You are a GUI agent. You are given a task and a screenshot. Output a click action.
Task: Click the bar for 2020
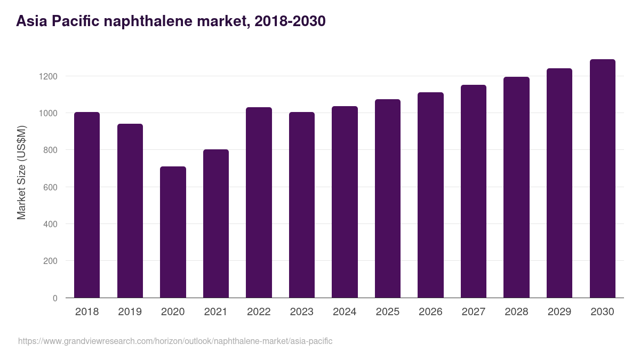pyautogui.click(x=173, y=232)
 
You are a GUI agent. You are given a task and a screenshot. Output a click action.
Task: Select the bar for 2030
pyautogui.click(x=602, y=179)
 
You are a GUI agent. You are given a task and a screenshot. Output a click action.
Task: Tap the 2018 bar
pyautogui.click(x=87, y=205)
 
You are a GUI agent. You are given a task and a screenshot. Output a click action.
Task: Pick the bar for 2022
pyautogui.click(x=259, y=203)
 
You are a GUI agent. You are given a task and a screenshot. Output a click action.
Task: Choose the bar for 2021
pyautogui.click(x=216, y=223)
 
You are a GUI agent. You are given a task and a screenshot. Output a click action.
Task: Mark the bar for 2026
pyautogui.click(x=430, y=195)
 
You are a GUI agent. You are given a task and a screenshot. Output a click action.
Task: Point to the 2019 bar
pyautogui.click(x=130, y=211)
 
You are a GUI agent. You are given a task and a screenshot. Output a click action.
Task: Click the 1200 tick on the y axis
pyautogui.click(x=48, y=76)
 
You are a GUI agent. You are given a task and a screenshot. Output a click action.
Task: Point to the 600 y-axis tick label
pyautogui.click(x=50, y=187)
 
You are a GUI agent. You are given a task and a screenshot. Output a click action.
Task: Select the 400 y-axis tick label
pyautogui.click(x=50, y=224)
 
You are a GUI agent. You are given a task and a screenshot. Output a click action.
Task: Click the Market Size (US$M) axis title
pyautogui.click(x=21, y=173)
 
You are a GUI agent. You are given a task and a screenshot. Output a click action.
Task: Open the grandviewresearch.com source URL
pyautogui.click(x=175, y=341)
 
